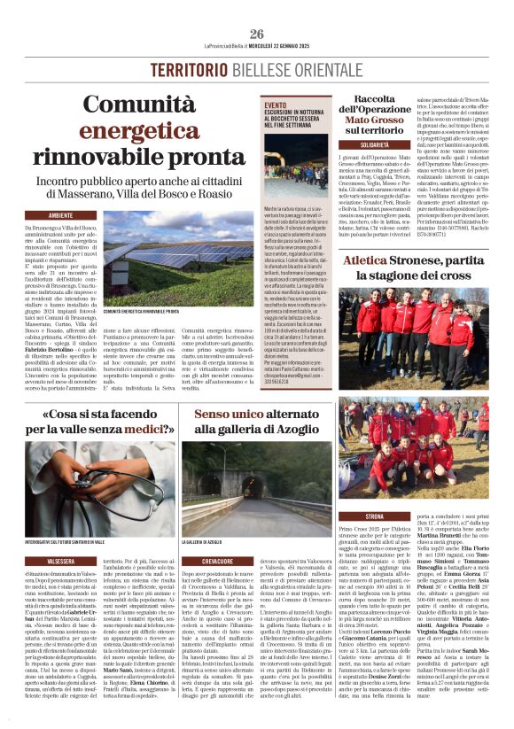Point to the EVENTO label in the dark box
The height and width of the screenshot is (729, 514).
tap(276, 105)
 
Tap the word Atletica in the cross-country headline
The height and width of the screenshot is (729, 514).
tap(365, 263)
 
